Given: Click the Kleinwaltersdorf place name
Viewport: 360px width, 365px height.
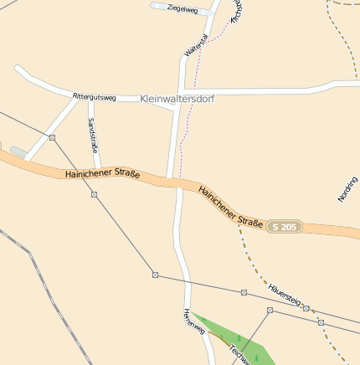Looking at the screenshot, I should (177, 98).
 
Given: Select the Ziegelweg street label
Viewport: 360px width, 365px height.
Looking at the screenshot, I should (183, 9).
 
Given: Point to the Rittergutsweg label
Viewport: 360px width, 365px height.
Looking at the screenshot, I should (94, 97).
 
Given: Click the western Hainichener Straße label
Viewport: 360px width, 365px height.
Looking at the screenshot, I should (102, 174).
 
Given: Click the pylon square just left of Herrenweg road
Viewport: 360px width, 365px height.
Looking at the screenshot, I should (155, 275).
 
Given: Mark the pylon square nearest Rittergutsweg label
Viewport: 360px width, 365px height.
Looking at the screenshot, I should (52, 137).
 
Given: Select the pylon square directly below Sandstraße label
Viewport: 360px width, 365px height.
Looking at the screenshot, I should (94, 194).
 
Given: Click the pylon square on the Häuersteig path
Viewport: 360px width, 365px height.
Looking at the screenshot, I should (306, 308).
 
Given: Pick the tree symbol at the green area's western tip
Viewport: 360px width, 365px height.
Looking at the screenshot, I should (203, 319).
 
